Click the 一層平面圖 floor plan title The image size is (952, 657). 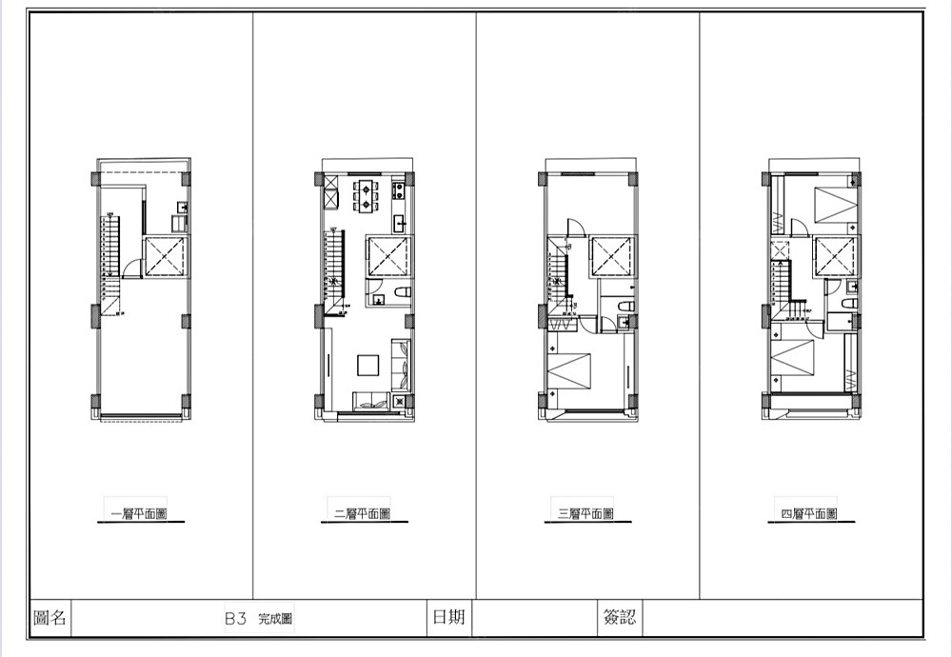pyautogui.click(x=140, y=514)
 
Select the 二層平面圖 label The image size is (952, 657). pyautogui.click(x=363, y=514)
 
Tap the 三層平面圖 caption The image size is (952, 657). pyautogui.click(x=585, y=514)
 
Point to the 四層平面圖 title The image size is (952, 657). pyautogui.click(x=809, y=514)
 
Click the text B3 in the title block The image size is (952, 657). pyautogui.click(x=235, y=619)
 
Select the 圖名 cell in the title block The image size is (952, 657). pyautogui.click(x=50, y=618)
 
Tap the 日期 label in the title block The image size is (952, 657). pyautogui.click(x=448, y=618)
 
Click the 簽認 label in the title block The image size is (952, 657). pyautogui.click(x=620, y=618)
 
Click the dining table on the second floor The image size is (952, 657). pyautogui.click(x=367, y=194)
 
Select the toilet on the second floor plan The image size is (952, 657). pyautogui.click(x=402, y=293)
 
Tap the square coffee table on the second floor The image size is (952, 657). pyautogui.click(x=367, y=366)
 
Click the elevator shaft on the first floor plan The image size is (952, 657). pyautogui.click(x=164, y=257)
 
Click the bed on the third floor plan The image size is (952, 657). pyautogui.click(x=569, y=369)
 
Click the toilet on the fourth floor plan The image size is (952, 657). pyautogui.click(x=848, y=303)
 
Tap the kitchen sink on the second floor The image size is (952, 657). pyautogui.click(x=400, y=223)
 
